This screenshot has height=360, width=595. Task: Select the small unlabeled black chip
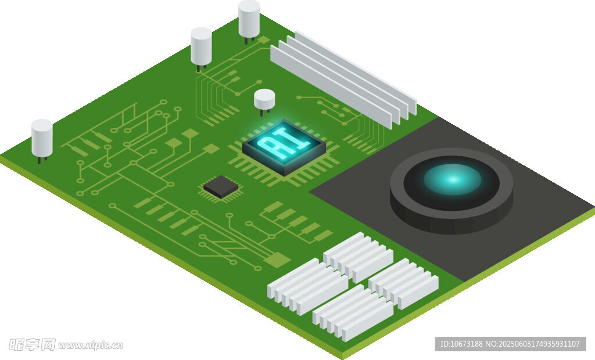point(221,186)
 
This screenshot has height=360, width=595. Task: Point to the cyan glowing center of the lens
point(452,179)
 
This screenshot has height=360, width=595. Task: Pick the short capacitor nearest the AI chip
point(264,100)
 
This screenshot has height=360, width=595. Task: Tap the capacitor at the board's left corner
point(42,139)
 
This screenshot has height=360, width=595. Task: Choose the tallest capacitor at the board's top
point(249,20)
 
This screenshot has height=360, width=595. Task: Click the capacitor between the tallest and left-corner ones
point(201,48)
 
